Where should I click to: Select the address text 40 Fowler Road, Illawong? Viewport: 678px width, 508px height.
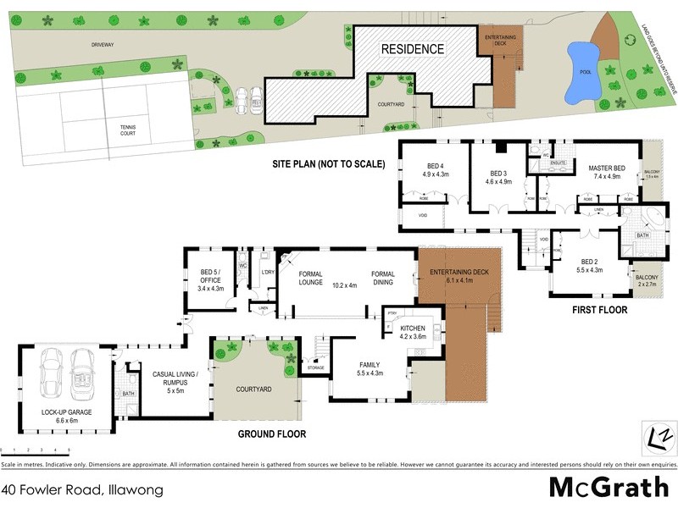tap(82, 489)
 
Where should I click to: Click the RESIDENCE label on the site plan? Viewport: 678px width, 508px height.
tap(412, 49)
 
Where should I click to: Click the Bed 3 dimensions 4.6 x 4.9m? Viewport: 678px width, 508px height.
tap(499, 181)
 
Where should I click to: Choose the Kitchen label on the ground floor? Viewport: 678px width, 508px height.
tap(412, 328)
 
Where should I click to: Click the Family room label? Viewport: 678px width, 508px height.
tap(371, 364)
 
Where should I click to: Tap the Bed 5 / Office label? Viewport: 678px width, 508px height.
tap(210, 277)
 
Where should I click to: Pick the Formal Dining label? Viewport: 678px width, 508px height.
tap(383, 279)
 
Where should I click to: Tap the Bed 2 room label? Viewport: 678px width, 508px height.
tap(590, 262)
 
